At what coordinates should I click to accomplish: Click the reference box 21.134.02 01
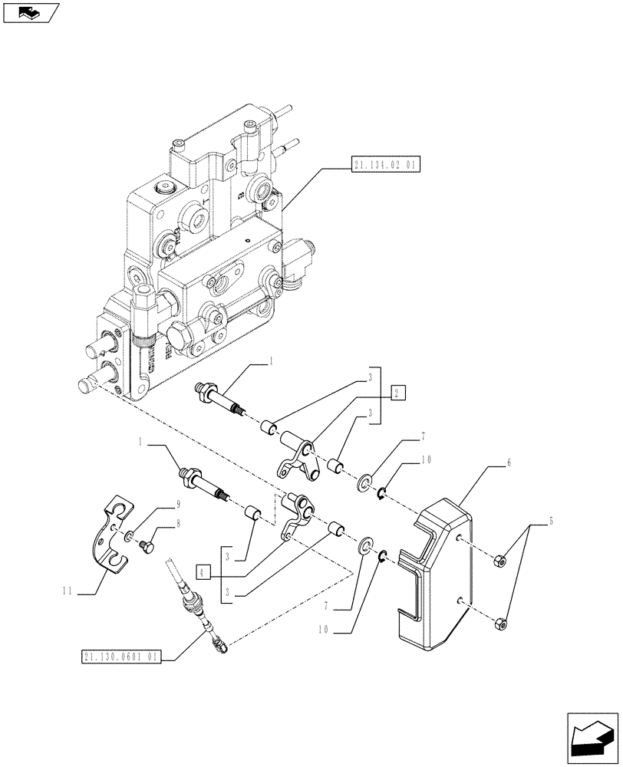(387, 165)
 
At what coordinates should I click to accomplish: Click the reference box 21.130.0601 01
(120, 657)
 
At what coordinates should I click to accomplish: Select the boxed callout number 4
(202, 571)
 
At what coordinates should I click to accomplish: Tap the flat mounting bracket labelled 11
(112, 535)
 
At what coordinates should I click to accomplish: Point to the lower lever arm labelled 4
(296, 515)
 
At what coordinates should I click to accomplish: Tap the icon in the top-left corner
(31, 12)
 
